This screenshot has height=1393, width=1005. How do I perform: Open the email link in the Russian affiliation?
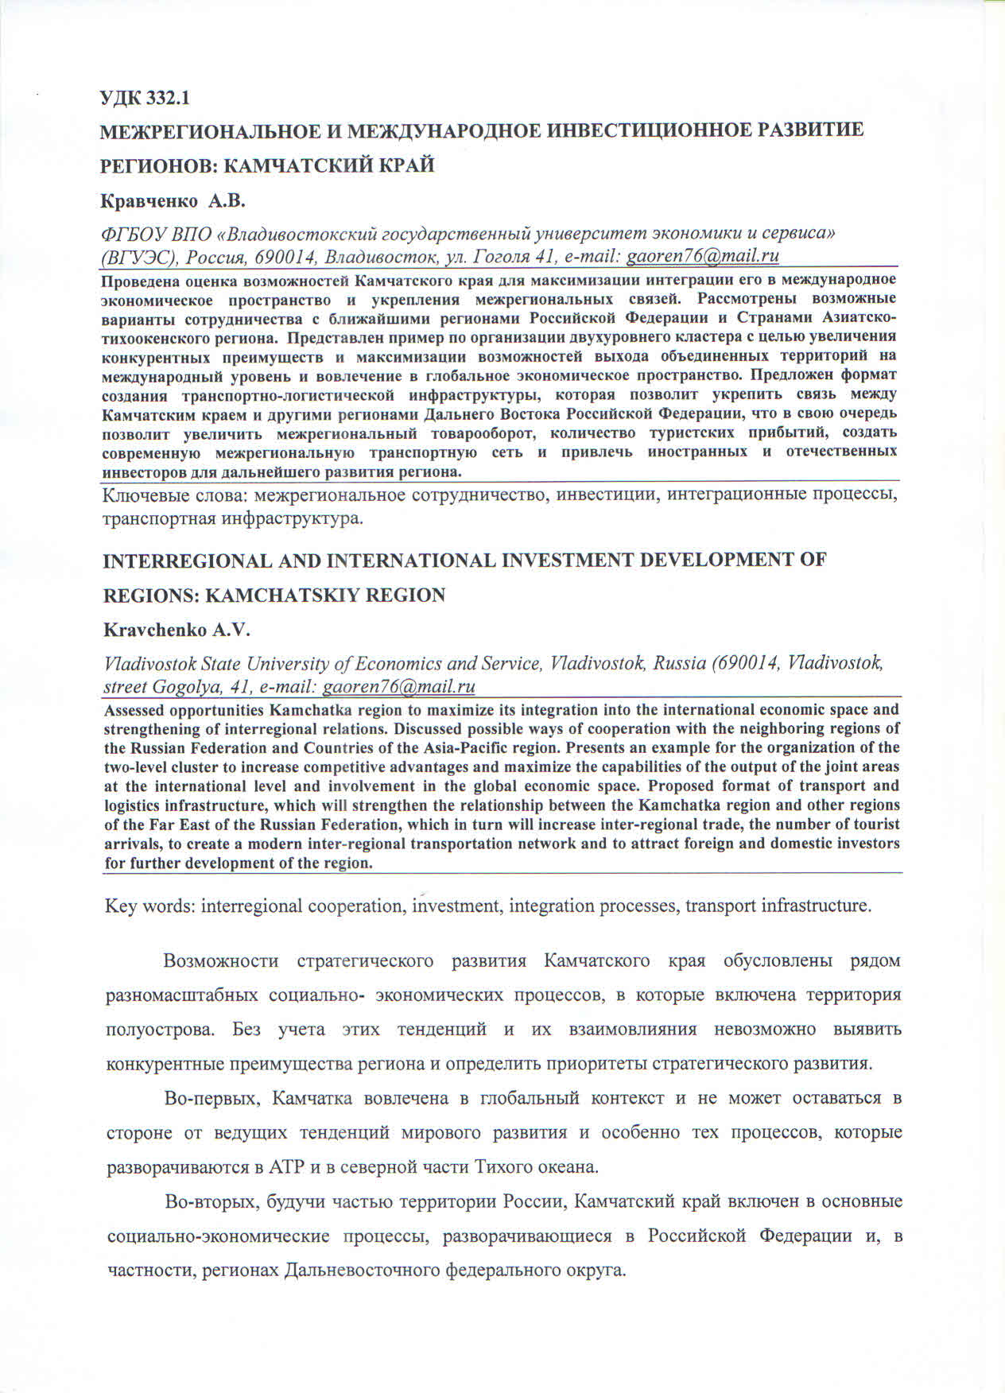coord(702,256)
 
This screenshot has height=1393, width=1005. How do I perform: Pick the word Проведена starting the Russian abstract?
coord(142,280)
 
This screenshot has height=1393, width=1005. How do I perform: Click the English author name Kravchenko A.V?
coord(177,631)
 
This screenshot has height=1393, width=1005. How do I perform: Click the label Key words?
coord(149,906)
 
